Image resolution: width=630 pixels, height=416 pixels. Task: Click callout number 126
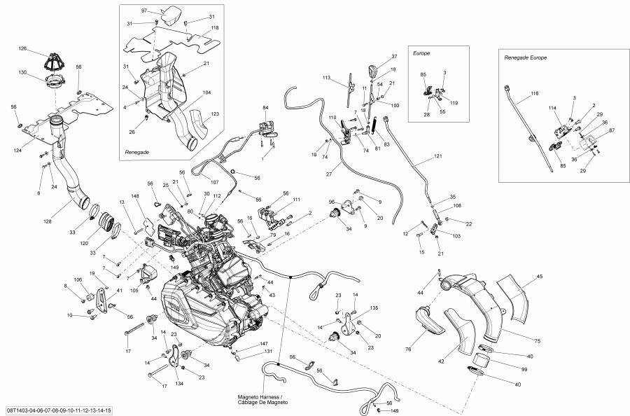(22, 48)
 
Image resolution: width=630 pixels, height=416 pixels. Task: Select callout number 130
(22, 73)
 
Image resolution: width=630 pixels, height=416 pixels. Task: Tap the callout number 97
(144, 12)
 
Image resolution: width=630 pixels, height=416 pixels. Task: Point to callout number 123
(215, 113)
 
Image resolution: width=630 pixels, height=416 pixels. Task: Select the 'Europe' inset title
(421, 53)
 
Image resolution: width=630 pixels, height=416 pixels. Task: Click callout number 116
(534, 93)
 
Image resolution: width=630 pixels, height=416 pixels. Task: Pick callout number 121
(438, 155)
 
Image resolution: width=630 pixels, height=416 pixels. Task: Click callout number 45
(539, 276)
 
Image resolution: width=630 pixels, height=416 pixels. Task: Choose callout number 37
(394, 56)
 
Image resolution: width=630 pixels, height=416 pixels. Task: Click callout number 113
(325, 78)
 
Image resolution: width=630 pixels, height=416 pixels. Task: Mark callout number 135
(374, 307)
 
